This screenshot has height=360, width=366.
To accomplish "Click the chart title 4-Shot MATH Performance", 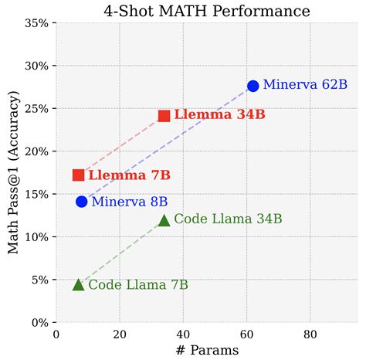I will coord(207,11).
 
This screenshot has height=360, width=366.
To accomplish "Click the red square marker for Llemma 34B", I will coord(164,116).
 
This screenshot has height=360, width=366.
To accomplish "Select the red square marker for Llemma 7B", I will coord(78,175).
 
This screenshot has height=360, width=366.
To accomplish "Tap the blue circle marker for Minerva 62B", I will coord(252,86).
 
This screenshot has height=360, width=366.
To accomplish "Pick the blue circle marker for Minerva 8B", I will coord(81,202).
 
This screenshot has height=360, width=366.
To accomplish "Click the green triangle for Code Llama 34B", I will coord(164,221).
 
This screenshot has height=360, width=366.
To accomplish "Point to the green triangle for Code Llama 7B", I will coord(78,284).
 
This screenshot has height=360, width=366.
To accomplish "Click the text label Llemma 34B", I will coord(219,115).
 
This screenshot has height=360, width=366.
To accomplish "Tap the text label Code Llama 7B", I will coord(138,285).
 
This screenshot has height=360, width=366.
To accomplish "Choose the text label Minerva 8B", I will coord(129,202).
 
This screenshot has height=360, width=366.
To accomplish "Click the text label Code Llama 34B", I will coord(228,219).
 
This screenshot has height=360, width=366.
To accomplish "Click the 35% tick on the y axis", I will coord(37,23).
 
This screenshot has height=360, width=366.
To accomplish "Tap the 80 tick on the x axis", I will coord(310,335).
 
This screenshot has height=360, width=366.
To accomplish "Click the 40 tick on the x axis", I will coord(183,335).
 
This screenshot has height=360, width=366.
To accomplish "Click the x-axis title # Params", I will coord(207,350).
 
